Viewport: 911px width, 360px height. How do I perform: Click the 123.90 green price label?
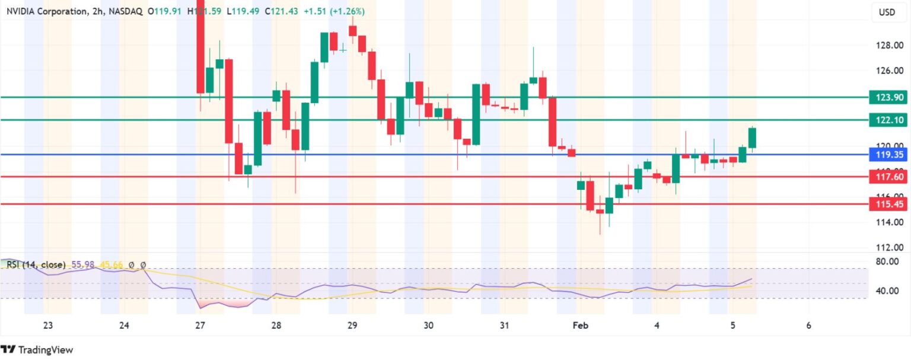pyautogui.click(x=887, y=97)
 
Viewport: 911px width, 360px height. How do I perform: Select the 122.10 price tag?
pyautogui.click(x=887, y=120)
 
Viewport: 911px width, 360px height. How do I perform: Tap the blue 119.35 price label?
pyautogui.click(x=887, y=155)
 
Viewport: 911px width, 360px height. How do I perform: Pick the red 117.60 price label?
pyautogui.click(x=887, y=177)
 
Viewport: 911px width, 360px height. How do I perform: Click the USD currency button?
pyautogui.click(x=887, y=12)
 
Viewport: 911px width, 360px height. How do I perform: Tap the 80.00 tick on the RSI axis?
pyautogui.click(x=890, y=261)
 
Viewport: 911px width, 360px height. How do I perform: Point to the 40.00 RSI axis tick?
pyautogui.click(x=890, y=291)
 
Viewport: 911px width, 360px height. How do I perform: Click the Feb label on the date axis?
pyautogui.click(x=580, y=325)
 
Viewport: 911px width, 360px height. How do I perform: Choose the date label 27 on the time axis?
pyautogui.click(x=200, y=325)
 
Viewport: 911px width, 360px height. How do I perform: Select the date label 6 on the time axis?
pyautogui.click(x=809, y=325)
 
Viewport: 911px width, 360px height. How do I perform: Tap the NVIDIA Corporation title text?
pyautogui.click(x=46, y=11)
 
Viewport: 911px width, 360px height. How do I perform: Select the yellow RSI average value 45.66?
pyautogui.click(x=111, y=265)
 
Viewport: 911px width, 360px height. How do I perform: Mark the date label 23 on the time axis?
pyautogui.click(x=48, y=325)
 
